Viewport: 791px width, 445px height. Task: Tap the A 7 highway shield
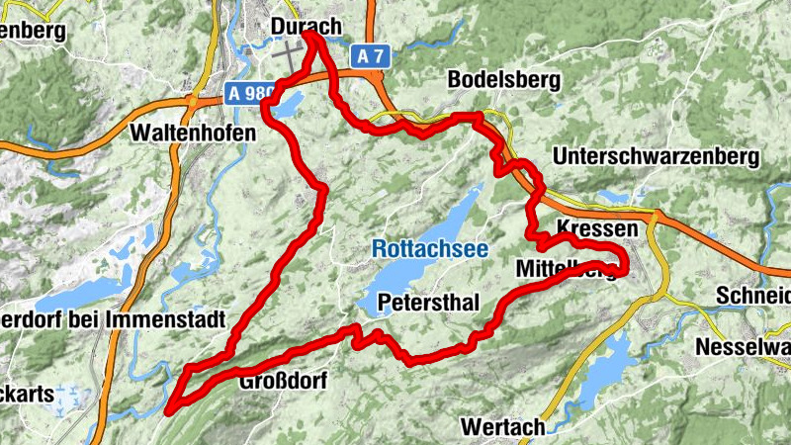(370, 57)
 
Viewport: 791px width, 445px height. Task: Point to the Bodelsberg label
(504, 79)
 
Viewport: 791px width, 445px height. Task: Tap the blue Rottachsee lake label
(430, 249)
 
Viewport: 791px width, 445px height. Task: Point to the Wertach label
(503, 427)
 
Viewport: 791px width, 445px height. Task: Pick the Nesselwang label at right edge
(743, 347)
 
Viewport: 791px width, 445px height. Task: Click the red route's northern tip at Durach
(309, 35)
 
